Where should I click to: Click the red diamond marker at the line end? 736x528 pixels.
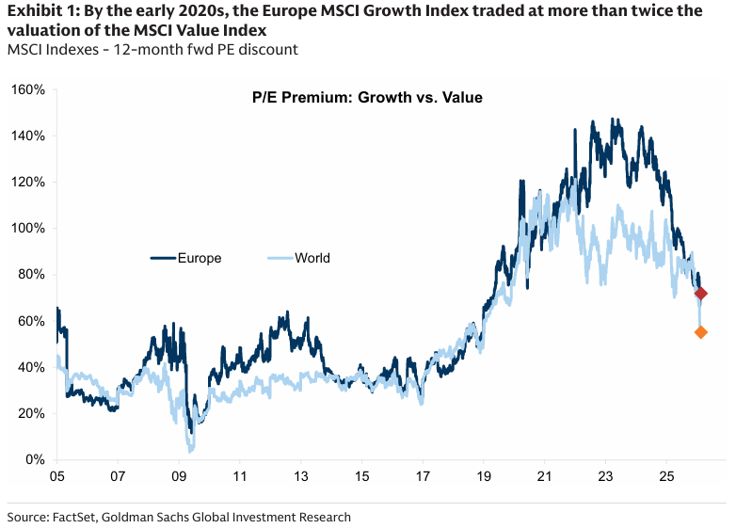click(x=700, y=295)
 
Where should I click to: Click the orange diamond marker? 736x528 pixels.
click(x=700, y=332)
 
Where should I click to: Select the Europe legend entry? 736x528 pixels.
click(x=199, y=258)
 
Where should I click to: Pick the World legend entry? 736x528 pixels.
click(x=312, y=258)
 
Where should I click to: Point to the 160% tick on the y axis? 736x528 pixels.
click(x=28, y=89)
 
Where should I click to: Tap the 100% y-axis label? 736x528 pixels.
click(x=28, y=228)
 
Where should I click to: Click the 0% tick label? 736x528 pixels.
click(x=35, y=459)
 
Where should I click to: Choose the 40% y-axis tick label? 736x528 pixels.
click(x=31, y=367)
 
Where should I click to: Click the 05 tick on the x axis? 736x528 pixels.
click(x=57, y=477)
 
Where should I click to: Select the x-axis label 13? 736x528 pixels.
click(x=300, y=477)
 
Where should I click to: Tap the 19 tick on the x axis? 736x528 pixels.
click(x=484, y=477)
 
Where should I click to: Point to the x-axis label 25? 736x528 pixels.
click(x=666, y=477)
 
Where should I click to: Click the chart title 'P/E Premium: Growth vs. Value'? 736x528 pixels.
click(x=367, y=97)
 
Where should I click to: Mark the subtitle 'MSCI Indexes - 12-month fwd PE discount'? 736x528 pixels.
click(x=152, y=48)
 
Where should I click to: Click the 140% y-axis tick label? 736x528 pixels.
click(x=28, y=136)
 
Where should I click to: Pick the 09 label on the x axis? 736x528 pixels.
click(x=179, y=477)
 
